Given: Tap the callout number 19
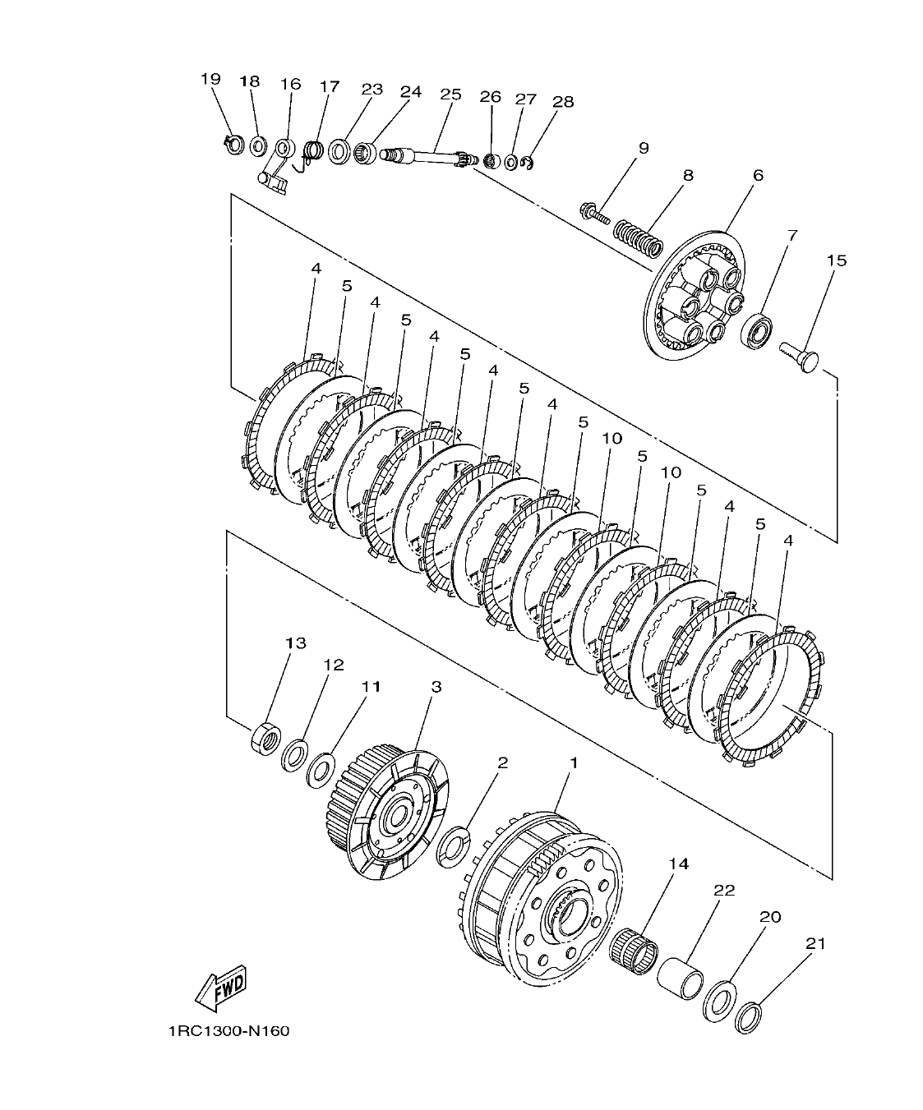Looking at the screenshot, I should pos(210,79).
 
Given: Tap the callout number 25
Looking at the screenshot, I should pos(451,94).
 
